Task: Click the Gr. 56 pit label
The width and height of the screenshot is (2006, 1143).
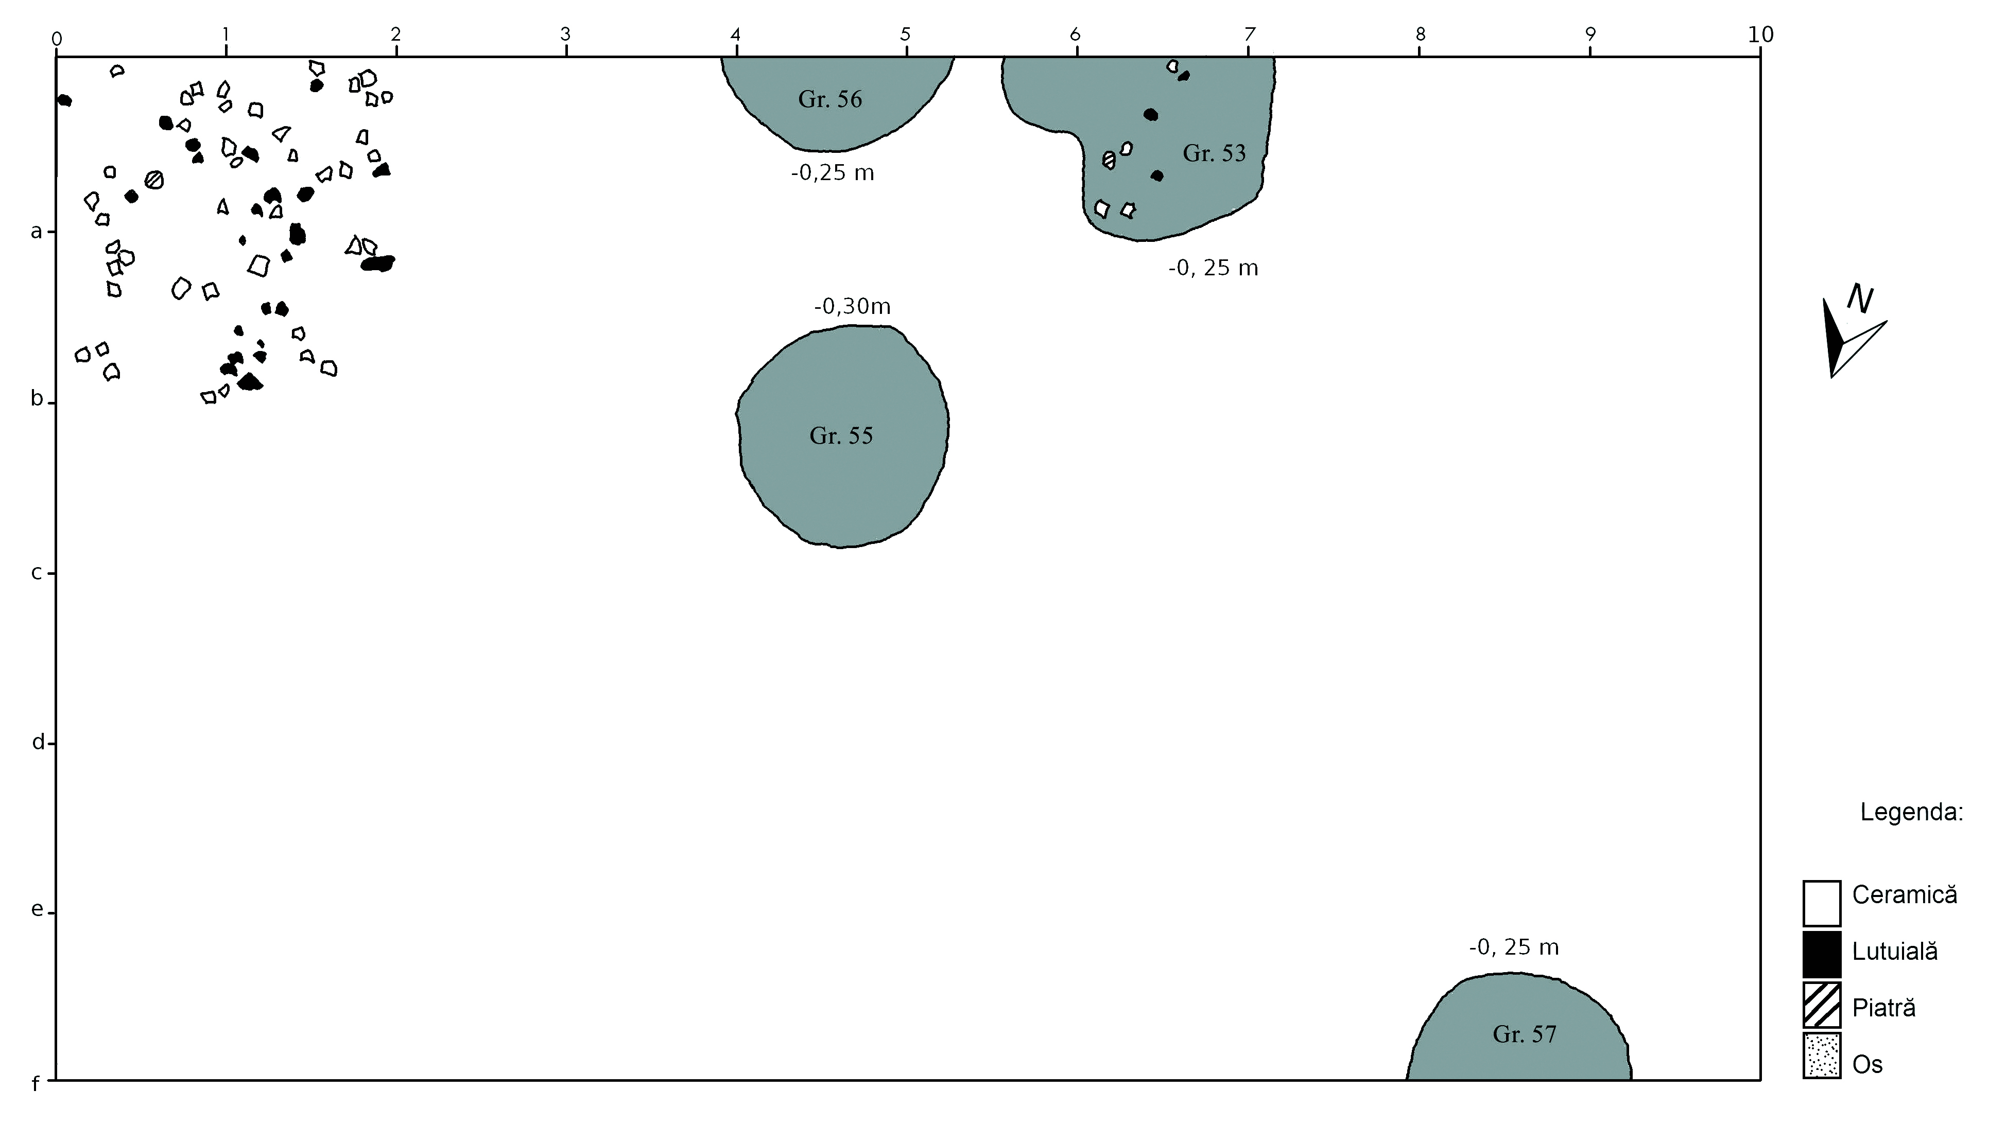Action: (x=829, y=100)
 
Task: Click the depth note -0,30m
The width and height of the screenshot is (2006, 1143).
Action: (x=852, y=306)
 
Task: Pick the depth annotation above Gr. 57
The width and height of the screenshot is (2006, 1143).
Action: (x=1514, y=947)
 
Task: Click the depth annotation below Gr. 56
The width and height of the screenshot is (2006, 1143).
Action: (x=832, y=173)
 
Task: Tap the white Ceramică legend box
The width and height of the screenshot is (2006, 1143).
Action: (x=1822, y=904)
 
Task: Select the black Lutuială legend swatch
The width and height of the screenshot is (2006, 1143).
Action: (x=1822, y=954)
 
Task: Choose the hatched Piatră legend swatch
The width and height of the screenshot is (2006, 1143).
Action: (x=1822, y=1005)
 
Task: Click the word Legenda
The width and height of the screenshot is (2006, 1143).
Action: (x=1911, y=812)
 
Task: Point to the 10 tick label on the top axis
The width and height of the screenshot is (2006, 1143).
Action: (x=1760, y=34)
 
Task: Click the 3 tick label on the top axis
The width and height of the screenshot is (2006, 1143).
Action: (x=565, y=34)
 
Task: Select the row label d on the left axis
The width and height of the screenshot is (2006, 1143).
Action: (x=38, y=742)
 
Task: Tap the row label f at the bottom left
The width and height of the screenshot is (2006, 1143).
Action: (x=36, y=1085)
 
